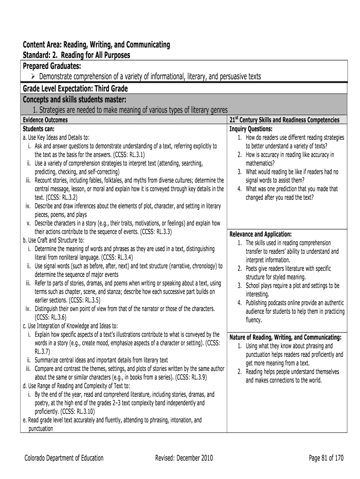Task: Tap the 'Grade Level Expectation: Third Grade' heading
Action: tap(75, 88)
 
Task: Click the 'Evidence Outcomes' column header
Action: tap(45, 120)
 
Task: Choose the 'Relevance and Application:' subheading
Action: tap(260, 234)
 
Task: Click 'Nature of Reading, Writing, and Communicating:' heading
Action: tap(285, 337)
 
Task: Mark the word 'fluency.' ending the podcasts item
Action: tap(254, 320)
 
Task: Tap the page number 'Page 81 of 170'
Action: tap(326, 458)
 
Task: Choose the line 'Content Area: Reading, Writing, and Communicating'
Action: tap(97, 45)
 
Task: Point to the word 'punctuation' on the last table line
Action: tap(41, 428)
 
